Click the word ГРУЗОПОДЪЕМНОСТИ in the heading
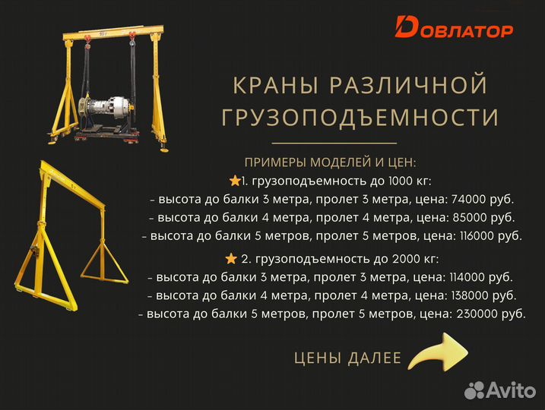point(360,118)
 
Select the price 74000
point(470,200)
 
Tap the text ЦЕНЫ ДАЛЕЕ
point(347,358)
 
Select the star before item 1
point(234,181)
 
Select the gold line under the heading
point(334,143)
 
